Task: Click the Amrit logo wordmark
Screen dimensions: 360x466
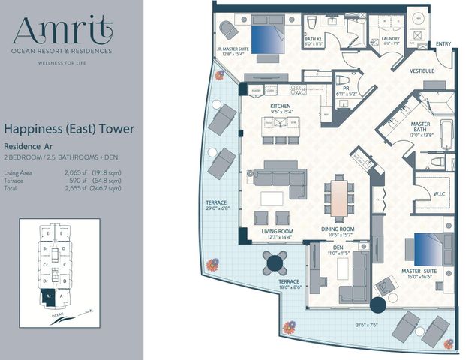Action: pyautogui.click(x=62, y=31)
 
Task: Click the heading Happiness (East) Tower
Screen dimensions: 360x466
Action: pyautogui.click(x=69, y=130)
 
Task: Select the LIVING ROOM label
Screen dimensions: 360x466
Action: pyautogui.click(x=277, y=231)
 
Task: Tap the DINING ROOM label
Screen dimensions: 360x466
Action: pyautogui.click(x=338, y=229)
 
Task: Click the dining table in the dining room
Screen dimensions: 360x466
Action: pyautogui.click(x=339, y=199)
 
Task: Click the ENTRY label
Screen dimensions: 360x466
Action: pyautogui.click(x=443, y=43)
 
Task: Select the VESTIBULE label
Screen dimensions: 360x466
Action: pyautogui.click(x=422, y=70)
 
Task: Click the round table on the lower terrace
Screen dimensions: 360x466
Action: pyautogui.click(x=275, y=262)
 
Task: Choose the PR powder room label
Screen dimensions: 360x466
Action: pyautogui.click(x=347, y=88)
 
